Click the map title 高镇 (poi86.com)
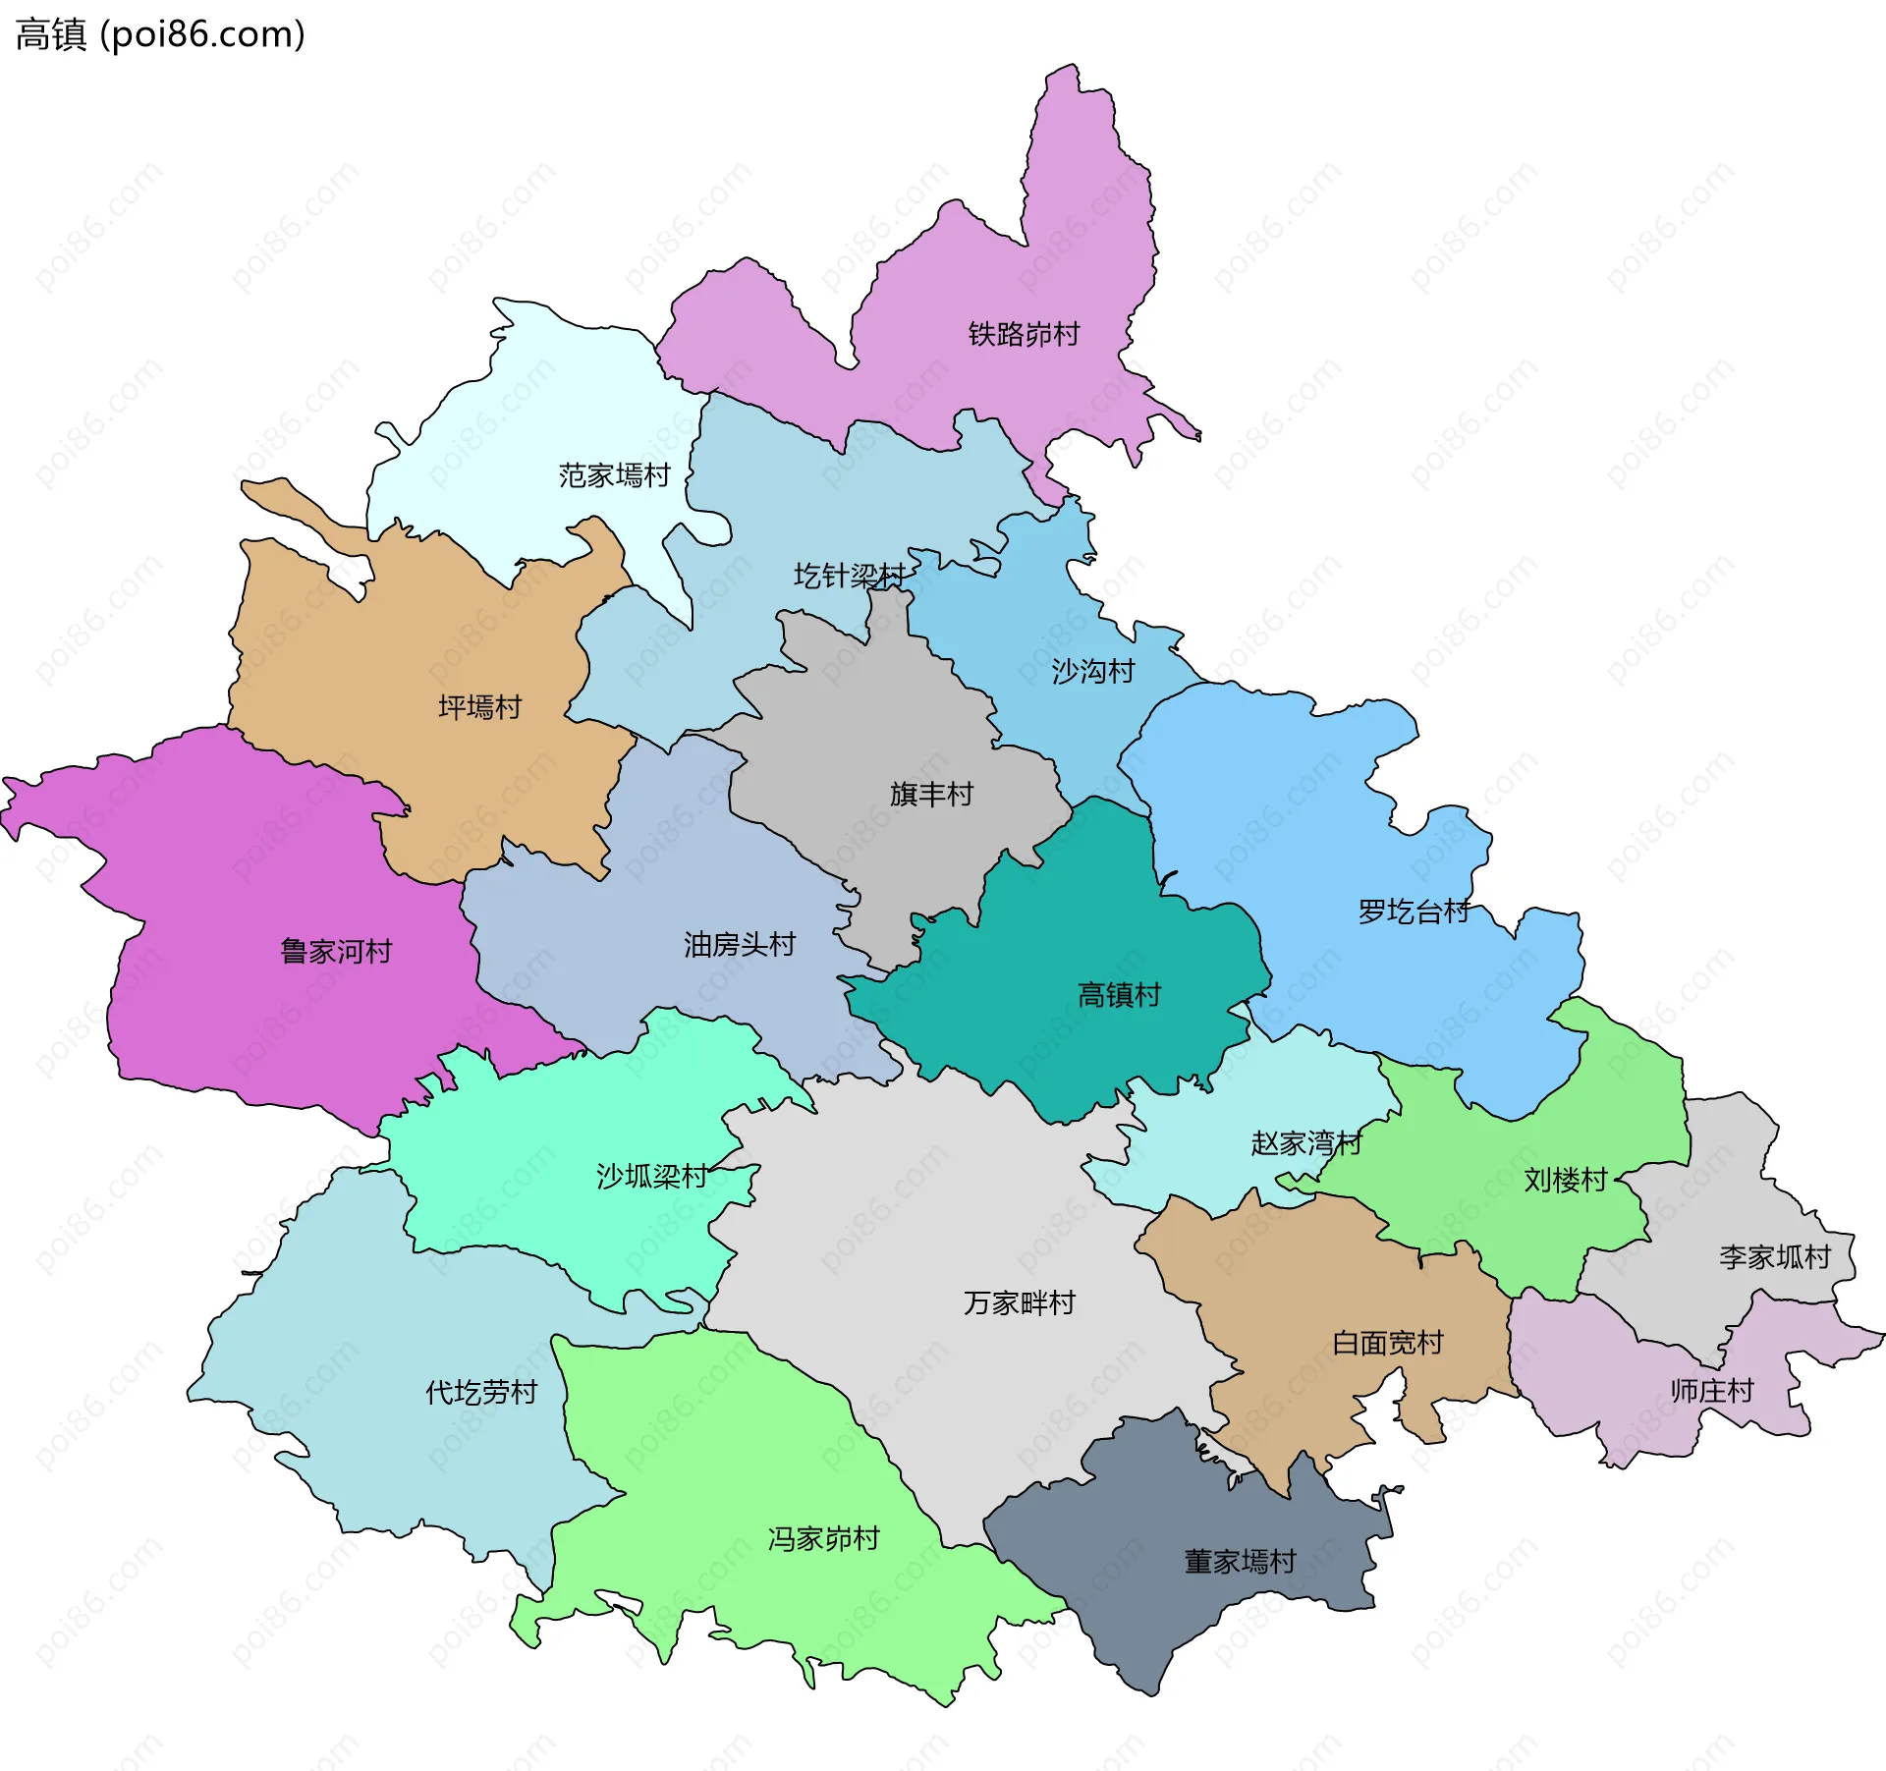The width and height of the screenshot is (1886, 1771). (160, 35)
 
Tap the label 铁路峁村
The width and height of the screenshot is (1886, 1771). (1024, 334)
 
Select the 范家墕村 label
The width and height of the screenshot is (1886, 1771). (614, 475)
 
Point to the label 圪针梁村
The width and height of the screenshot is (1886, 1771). (849, 576)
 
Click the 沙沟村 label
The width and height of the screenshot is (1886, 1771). (1092, 671)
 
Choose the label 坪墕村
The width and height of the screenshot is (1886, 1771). (479, 707)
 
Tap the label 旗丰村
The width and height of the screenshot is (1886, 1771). (930, 794)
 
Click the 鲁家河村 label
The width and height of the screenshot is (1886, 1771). (336, 951)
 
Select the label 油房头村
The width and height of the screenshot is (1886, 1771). (739, 945)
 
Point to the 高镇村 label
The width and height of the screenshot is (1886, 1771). (1119, 995)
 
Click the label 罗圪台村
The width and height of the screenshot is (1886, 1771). (1413, 912)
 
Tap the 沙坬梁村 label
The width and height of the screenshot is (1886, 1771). (651, 1176)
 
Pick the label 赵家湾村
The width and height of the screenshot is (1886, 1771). (1305, 1143)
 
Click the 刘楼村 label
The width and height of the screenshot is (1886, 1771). (1565, 1180)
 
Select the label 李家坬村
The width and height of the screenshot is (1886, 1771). (1774, 1256)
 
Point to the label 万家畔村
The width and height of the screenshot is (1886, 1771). (1019, 1302)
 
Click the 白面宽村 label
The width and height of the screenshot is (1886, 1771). (1387, 1343)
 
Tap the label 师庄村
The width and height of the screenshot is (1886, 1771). (1711, 1391)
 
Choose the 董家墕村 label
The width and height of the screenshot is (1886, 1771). (1240, 1561)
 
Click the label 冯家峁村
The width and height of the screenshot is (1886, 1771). (823, 1538)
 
